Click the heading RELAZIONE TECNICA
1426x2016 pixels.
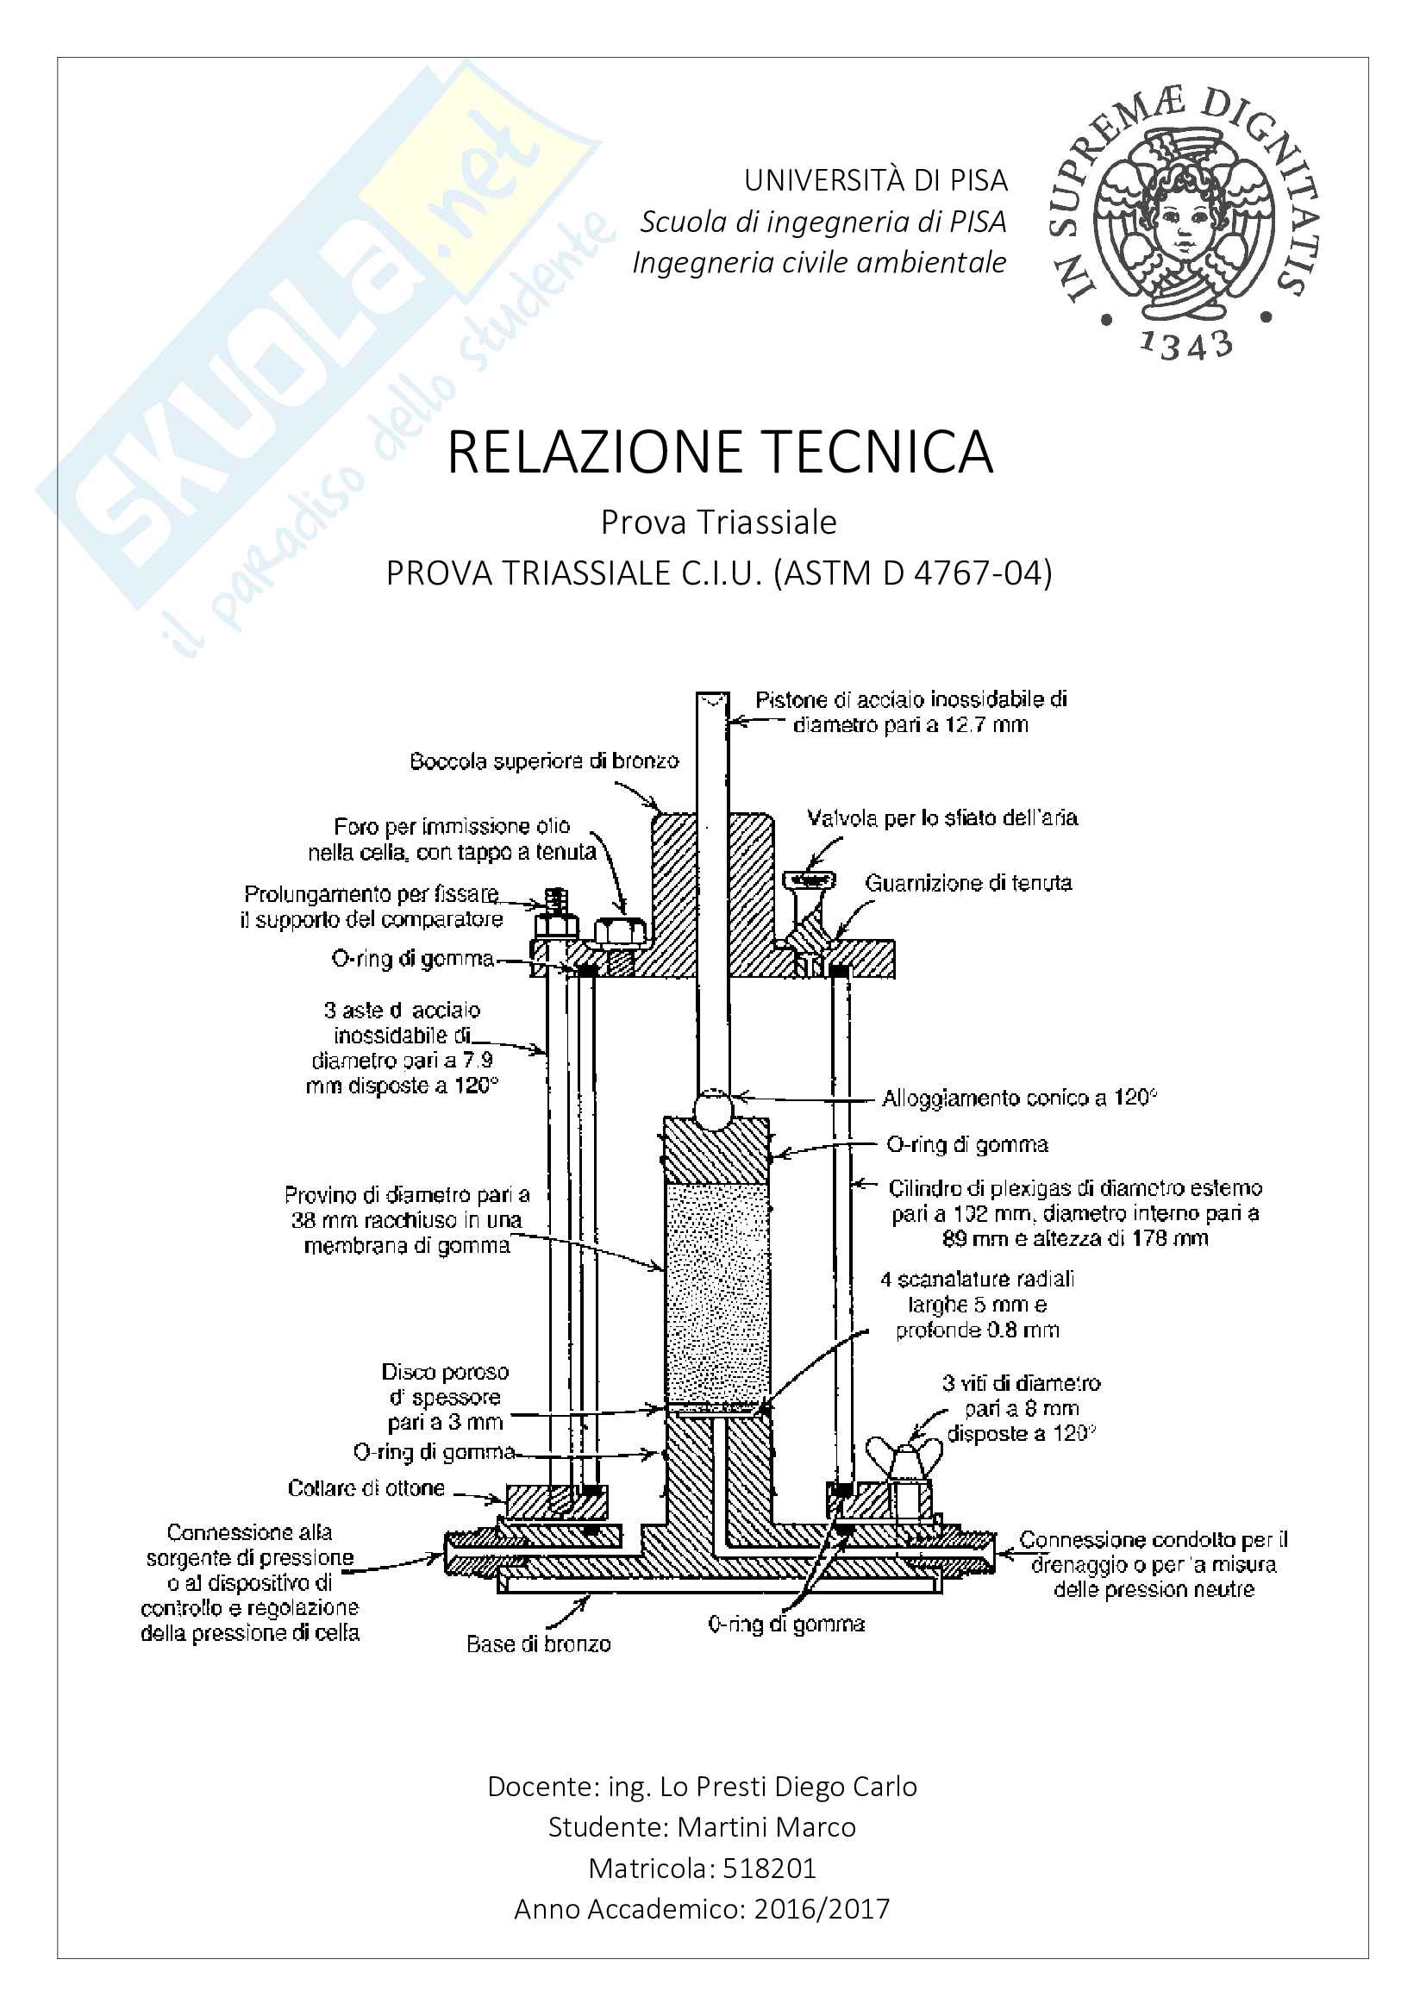(720, 453)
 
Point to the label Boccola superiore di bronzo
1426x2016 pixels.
(544, 761)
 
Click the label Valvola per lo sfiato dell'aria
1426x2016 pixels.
(942, 818)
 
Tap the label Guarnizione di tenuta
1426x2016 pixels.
(968, 883)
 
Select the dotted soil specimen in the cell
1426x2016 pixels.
(716, 1291)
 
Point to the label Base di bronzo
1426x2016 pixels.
(538, 1643)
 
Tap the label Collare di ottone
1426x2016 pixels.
(366, 1488)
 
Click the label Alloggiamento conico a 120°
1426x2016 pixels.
(1019, 1099)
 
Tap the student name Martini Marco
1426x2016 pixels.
(766, 1827)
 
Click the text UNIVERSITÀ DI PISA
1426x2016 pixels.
(875, 181)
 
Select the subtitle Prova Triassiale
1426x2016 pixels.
(718, 523)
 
